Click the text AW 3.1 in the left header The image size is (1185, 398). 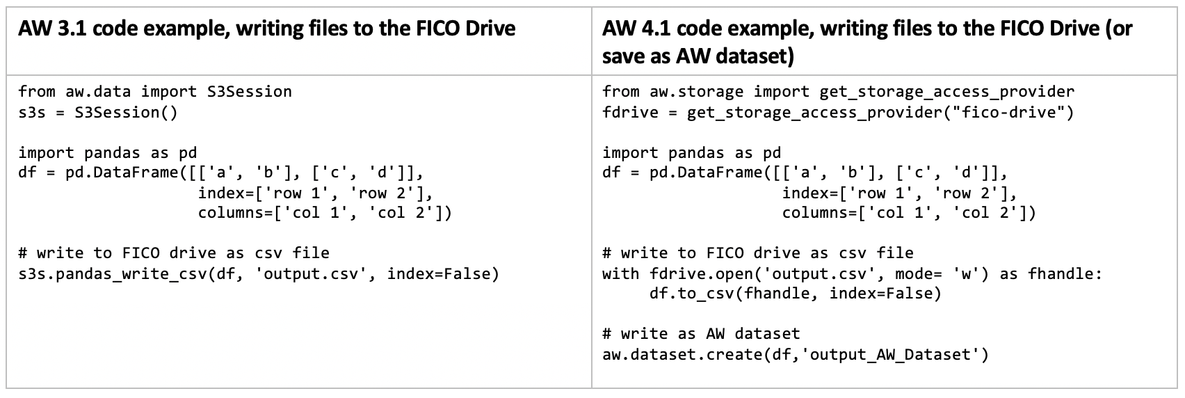coord(52,29)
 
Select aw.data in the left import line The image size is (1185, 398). coord(98,92)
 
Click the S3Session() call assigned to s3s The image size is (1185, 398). coord(126,112)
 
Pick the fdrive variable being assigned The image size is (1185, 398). coord(630,112)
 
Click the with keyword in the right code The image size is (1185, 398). coord(620,273)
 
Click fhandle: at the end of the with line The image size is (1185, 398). coord(1065,273)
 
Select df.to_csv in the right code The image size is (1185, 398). coord(691,294)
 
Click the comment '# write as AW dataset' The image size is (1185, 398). coord(701,334)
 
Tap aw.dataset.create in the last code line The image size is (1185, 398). coord(682,355)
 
